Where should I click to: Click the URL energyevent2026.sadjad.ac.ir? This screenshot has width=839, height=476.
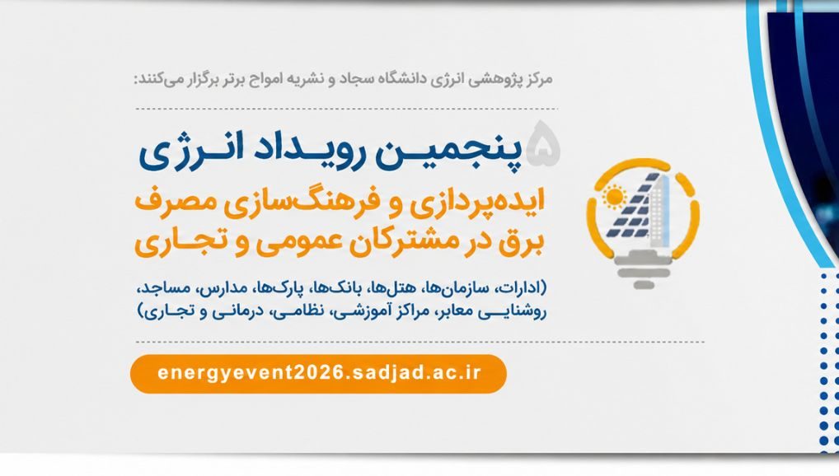coord(319,373)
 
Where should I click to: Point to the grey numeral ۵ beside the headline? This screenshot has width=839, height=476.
coord(542,142)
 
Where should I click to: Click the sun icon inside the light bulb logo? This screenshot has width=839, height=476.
coord(614,196)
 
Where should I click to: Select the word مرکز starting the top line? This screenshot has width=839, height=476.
coord(538,80)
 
